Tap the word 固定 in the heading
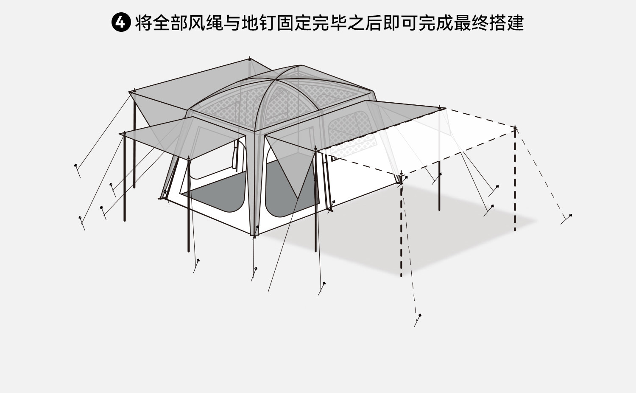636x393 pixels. tap(294, 23)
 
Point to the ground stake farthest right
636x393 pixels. tap(569, 216)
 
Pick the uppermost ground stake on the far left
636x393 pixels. tap(76, 166)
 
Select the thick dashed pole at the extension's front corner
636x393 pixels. tap(401, 229)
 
